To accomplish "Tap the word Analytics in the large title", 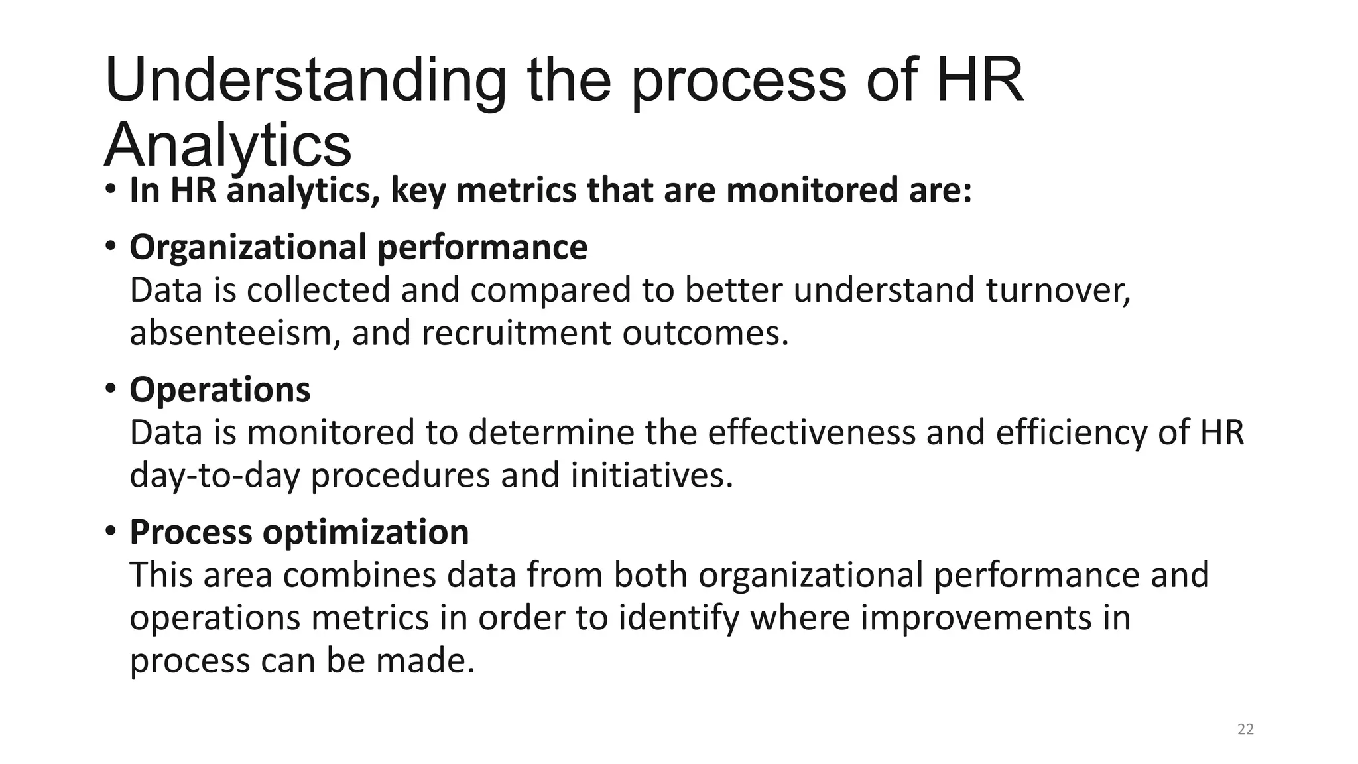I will click(227, 146).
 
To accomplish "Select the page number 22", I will click(1245, 730).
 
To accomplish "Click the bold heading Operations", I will click(219, 389).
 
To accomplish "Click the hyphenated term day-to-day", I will click(215, 476).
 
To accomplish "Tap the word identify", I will click(678, 618).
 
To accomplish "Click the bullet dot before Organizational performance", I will click(110, 246).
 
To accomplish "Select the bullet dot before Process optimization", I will click(110, 531).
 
